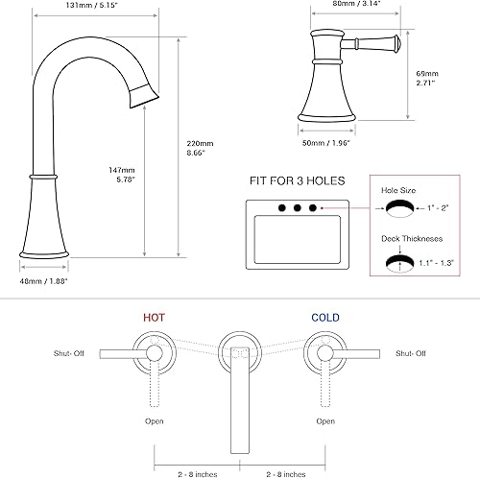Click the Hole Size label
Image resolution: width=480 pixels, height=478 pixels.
point(396,192)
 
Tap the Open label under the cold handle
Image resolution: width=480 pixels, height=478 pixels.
point(325,420)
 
